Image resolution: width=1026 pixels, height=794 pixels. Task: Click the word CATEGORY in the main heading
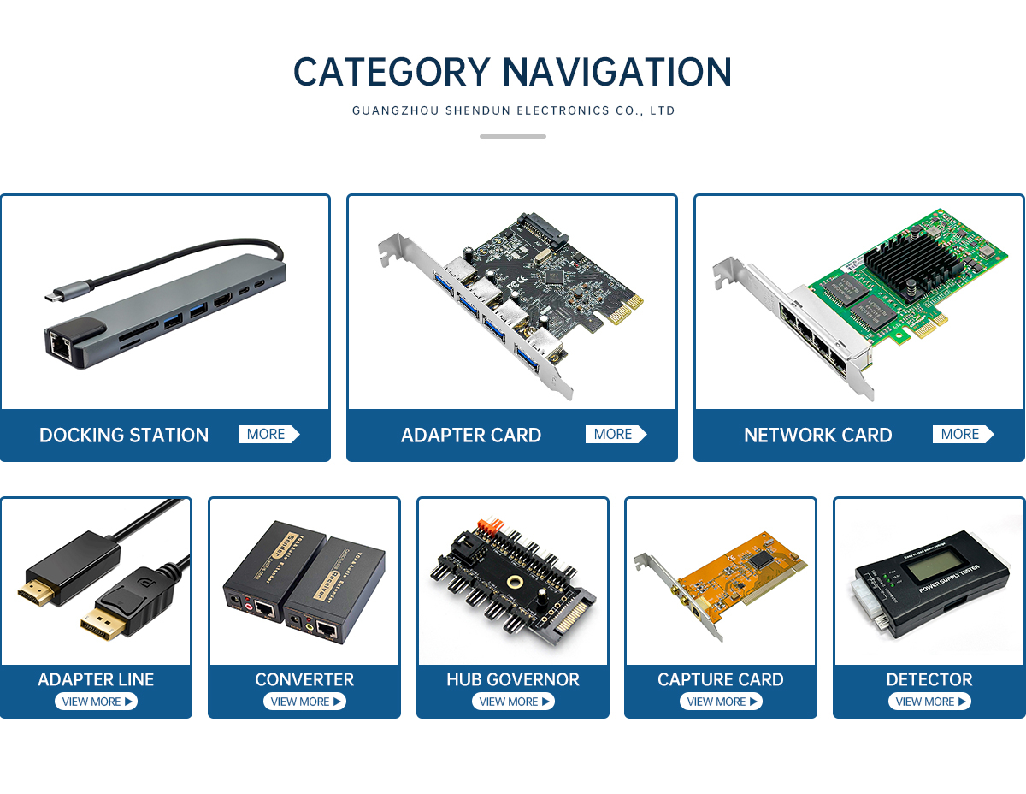(x=392, y=72)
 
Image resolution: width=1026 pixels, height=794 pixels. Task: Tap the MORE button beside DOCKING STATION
(x=268, y=435)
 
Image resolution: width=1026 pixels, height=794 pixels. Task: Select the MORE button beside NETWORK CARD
(x=963, y=435)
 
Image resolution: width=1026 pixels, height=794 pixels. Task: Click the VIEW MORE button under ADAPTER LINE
(x=96, y=702)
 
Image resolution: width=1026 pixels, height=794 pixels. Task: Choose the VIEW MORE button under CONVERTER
(x=304, y=702)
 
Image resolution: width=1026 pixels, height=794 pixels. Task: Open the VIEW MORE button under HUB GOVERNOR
(x=513, y=702)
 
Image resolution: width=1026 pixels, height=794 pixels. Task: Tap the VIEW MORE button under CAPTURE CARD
(x=721, y=702)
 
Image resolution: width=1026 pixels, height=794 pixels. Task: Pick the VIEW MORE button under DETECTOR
(x=929, y=702)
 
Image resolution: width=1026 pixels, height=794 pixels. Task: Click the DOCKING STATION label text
(x=124, y=436)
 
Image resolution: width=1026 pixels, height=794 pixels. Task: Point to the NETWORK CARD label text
(x=817, y=436)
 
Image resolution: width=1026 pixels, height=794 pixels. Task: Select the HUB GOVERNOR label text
(x=513, y=680)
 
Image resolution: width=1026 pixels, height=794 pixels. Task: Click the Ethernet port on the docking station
(x=59, y=345)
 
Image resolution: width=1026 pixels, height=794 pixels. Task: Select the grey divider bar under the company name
(x=513, y=136)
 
